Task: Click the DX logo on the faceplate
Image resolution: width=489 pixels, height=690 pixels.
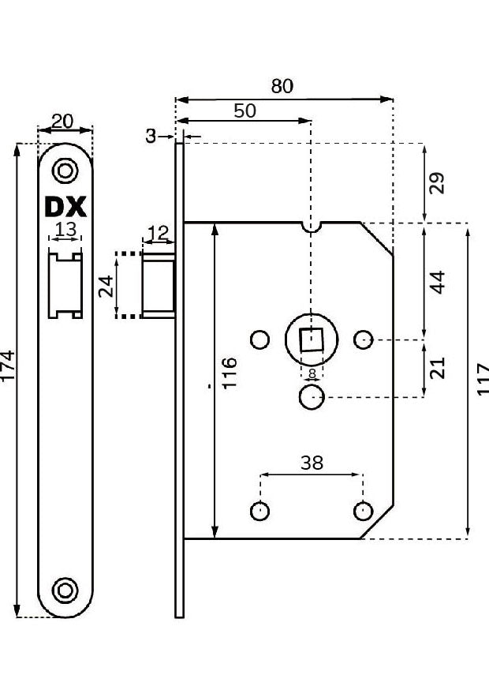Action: click(65, 207)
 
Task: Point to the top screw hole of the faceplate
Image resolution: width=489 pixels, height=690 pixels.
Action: click(65, 170)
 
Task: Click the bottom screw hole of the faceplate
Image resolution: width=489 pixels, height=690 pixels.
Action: click(65, 589)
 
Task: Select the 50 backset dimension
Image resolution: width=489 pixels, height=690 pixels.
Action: click(244, 111)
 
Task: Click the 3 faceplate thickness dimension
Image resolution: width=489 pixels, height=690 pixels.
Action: click(151, 137)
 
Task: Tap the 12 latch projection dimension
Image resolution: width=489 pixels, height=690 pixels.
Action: click(158, 233)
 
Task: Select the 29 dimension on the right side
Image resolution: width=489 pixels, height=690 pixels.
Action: click(439, 183)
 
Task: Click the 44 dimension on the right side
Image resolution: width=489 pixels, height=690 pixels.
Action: click(439, 282)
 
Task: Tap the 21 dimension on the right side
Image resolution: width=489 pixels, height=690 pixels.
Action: click(439, 367)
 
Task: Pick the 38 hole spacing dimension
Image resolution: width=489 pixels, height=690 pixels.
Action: click(312, 463)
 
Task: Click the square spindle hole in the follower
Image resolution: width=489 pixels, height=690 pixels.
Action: click(312, 340)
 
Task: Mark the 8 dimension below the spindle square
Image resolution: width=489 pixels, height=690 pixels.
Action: click(312, 375)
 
